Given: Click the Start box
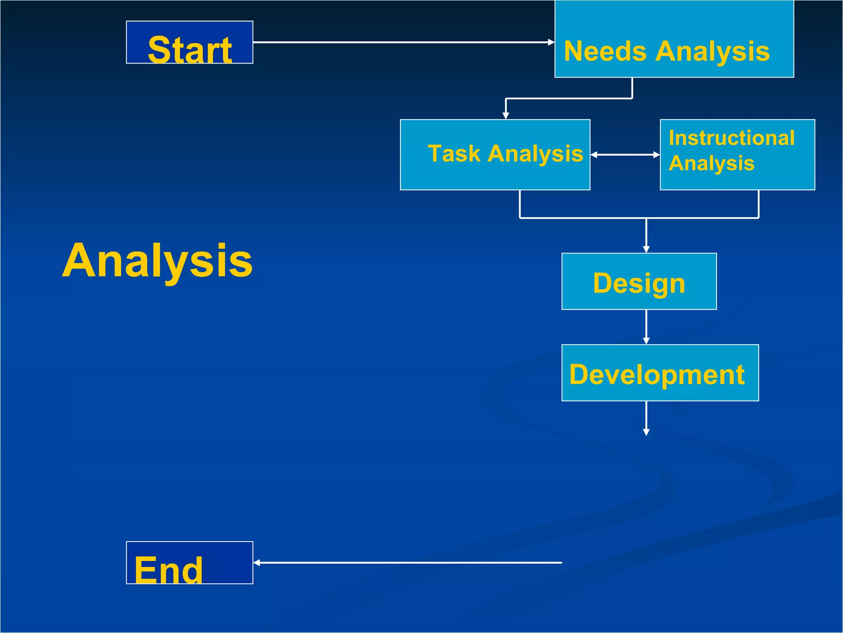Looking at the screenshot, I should [189, 42].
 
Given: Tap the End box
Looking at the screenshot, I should [189, 563].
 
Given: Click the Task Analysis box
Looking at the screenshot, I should [495, 155].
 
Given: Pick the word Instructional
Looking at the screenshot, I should [731, 138].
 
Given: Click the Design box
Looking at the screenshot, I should [639, 281].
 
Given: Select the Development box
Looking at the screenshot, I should [660, 373].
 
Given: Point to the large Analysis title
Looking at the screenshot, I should [157, 261].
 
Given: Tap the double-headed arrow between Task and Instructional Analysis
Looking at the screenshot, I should [625, 155].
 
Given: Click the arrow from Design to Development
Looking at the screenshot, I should [646, 326].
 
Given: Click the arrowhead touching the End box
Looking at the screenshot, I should [257, 563].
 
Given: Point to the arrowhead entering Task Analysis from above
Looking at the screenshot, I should [506, 116].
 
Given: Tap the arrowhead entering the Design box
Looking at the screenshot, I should [646, 249].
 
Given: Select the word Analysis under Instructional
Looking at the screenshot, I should [711, 164].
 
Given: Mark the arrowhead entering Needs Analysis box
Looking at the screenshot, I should [551, 42].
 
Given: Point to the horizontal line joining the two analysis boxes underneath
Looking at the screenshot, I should [639, 218].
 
